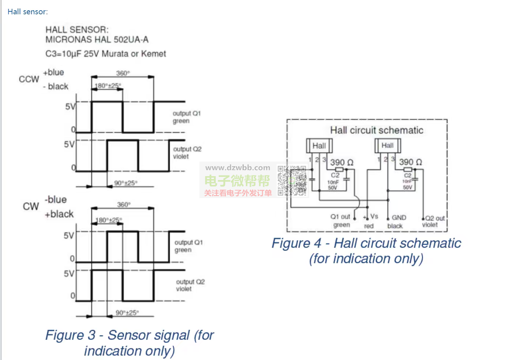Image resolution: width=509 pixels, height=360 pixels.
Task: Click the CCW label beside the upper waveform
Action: tap(29, 79)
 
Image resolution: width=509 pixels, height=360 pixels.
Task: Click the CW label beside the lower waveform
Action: tap(31, 207)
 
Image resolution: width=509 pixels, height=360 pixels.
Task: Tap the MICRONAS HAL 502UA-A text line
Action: tap(97, 40)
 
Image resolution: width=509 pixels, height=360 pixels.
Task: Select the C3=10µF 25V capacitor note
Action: tap(105, 54)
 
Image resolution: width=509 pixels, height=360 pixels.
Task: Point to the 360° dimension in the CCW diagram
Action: tap(123, 73)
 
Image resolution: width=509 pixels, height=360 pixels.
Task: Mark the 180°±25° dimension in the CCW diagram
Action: tap(108, 86)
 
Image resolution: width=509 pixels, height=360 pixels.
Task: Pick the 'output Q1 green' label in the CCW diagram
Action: tap(187, 117)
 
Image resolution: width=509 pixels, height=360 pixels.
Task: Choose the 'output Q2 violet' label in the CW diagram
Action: tap(190, 285)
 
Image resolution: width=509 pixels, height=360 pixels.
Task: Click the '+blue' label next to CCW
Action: tap(53, 73)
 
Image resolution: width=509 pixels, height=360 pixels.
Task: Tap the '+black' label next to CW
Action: tap(59, 214)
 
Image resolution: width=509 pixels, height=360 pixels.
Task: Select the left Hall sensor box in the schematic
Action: tap(319, 146)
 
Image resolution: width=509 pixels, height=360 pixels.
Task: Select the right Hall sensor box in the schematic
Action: tap(388, 145)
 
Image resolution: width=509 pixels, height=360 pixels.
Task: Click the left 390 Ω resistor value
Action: tap(342, 162)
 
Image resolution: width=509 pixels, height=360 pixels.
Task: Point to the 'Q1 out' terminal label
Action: tap(340, 217)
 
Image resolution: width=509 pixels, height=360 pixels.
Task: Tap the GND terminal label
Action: tap(399, 218)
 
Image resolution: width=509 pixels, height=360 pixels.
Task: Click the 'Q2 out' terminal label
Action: tap(435, 218)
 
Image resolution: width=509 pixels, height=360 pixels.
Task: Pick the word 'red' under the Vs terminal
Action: tap(369, 226)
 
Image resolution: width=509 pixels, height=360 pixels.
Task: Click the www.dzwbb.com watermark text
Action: tap(238, 168)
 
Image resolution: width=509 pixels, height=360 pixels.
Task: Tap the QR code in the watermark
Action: tap(292, 181)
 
